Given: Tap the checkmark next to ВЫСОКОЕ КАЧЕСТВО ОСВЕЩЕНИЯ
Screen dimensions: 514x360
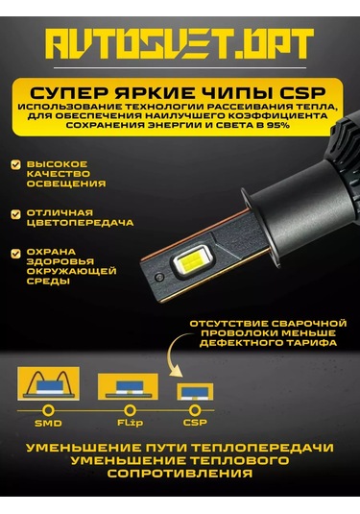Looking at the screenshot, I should (x=16, y=165).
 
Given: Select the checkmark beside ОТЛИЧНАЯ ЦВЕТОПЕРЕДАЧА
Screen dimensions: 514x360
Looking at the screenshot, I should (x=16, y=211).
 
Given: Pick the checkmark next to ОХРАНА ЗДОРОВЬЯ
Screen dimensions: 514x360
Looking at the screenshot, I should (x=16, y=252).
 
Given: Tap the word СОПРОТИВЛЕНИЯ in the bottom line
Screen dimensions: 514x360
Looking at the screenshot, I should (x=179, y=474).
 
